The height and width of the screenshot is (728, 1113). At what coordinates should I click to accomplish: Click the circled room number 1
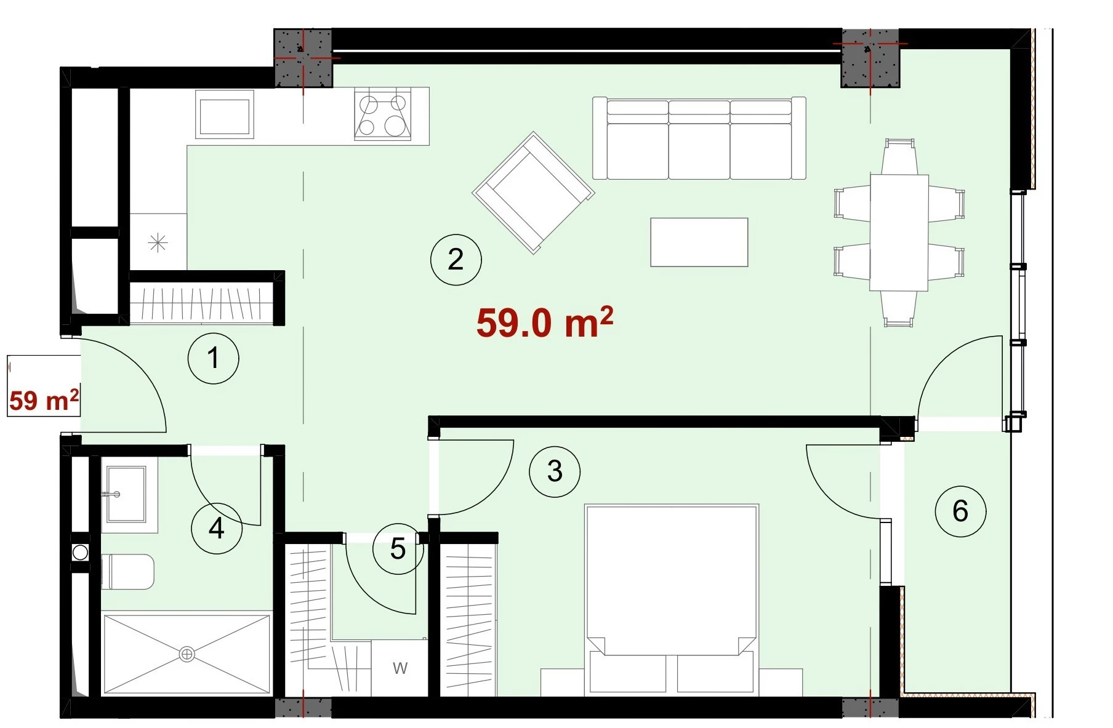click(213, 358)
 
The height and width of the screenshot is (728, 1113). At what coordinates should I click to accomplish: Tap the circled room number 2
click(456, 259)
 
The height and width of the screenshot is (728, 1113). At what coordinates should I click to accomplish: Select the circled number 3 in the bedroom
click(555, 471)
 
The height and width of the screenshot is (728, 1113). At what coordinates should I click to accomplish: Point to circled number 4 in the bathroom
click(216, 528)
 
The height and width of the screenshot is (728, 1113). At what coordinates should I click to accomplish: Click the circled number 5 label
click(398, 549)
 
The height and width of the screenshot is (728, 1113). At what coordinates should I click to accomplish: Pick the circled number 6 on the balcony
click(960, 511)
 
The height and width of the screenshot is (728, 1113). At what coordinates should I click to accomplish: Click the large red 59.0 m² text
click(545, 322)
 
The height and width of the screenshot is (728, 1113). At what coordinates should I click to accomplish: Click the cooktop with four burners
click(383, 114)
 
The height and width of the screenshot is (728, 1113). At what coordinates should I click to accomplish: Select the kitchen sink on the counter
click(225, 114)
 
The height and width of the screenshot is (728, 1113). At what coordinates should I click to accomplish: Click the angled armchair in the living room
click(533, 192)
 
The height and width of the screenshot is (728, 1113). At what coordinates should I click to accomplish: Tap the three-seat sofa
click(699, 138)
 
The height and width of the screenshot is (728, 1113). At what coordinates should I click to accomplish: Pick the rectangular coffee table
click(699, 242)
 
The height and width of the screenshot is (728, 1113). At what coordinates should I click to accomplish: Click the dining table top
click(899, 233)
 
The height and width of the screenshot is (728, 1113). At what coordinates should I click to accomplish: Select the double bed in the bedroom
click(672, 600)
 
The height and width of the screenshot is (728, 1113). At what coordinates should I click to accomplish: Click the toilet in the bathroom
click(127, 572)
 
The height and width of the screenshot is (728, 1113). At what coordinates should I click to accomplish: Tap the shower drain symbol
click(187, 655)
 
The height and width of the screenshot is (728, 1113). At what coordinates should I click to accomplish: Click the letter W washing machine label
click(400, 668)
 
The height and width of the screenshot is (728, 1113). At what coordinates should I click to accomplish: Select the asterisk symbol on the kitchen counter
click(158, 244)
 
